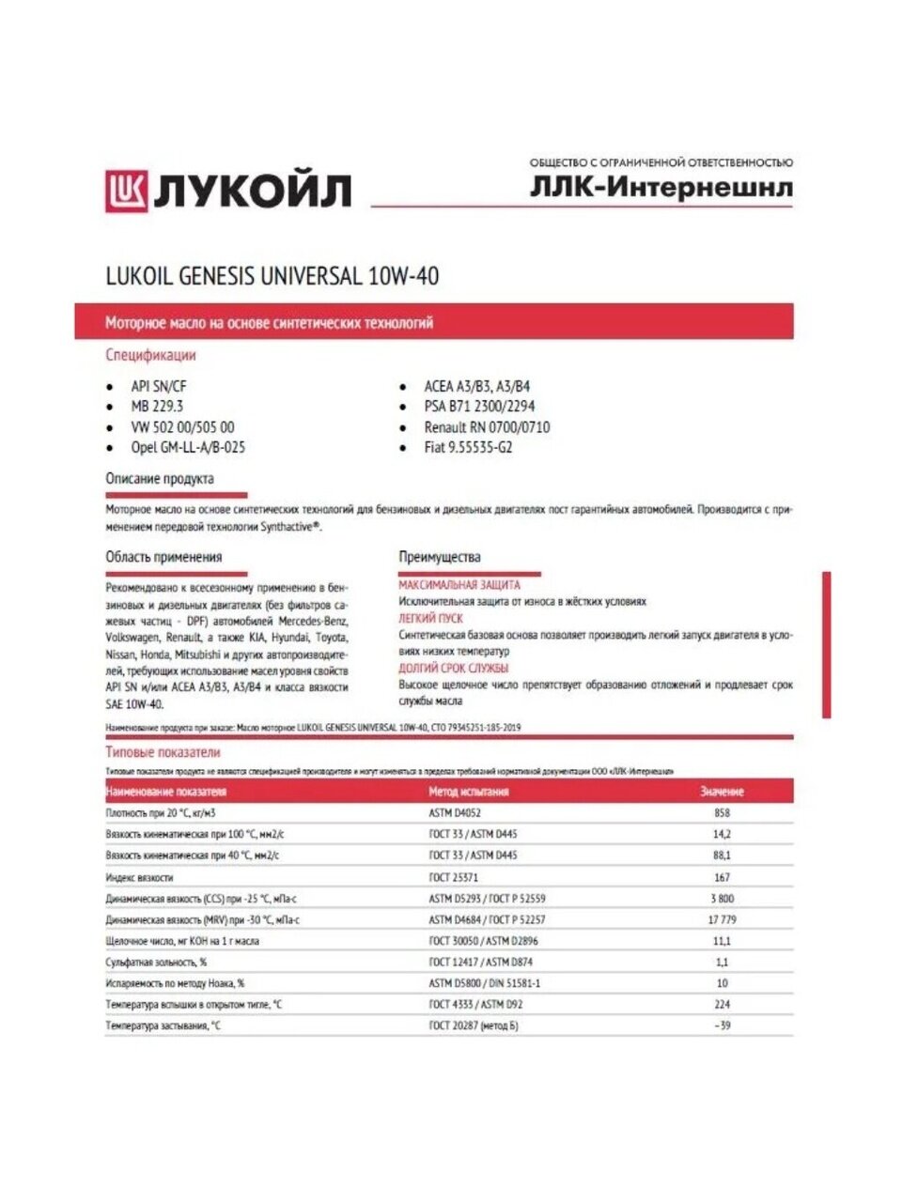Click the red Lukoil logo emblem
pyautogui.click(x=126, y=191)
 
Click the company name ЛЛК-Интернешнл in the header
pyautogui.click(x=661, y=187)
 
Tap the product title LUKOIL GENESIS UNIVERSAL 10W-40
pyautogui.click(x=272, y=276)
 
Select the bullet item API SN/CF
pyautogui.click(x=159, y=386)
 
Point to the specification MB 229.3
pyautogui.click(x=157, y=407)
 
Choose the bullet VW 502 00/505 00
pyautogui.click(x=182, y=427)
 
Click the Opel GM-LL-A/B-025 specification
pyautogui.click(x=188, y=448)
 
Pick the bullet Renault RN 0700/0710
pyautogui.click(x=487, y=427)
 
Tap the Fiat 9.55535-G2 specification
pyautogui.click(x=468, y=448)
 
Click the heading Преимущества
pyautogui.click(x=439, y=557)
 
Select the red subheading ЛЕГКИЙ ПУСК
pyautogui.click(x=430, y=619)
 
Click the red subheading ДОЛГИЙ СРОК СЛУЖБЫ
pyautogui.click(x=453, y=669)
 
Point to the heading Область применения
pyautogui.click(x=163, y=557)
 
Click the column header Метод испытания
pyautogui.click(x=469, y=792)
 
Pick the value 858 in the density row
pyautogui.click(x=722, y=813)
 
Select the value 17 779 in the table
pyautogui.click(x=722, y=920)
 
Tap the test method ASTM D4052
pyautogui.click(x=455, y=813)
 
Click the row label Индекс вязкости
pyautogui.click(x=139, y=877)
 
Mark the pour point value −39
pyautogui.click(x=722, y=1026)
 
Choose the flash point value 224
pyautogui.click(x=722, y=1005)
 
